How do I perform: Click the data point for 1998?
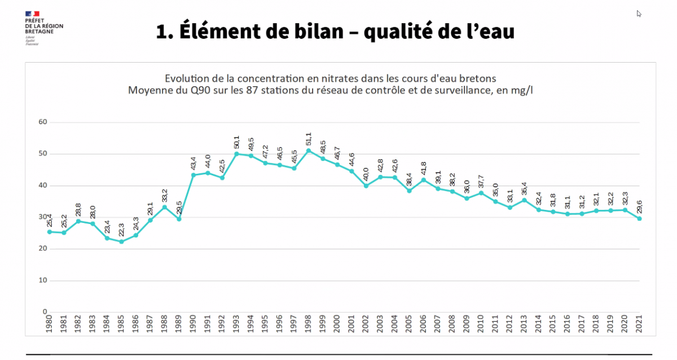coord(308,151)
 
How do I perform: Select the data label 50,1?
coord(236,143)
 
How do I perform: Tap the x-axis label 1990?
coord(193,324)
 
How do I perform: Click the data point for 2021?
coord(639,218)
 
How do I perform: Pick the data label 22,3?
coord(121,231)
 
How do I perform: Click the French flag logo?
coord(33,13)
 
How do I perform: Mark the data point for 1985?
coord(121,242)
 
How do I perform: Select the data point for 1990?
coord(193,175)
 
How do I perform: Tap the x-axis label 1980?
coord(50,324)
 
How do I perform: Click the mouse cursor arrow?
coord(639,14)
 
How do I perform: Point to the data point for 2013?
coord(524,200)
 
